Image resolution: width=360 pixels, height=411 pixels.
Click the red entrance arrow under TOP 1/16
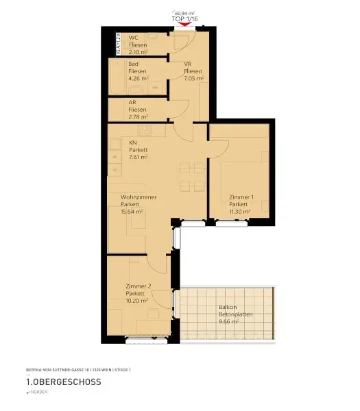pyautogui.click(x=181, y=25)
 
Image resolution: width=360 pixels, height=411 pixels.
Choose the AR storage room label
pyautogui.click(x=132, y=103)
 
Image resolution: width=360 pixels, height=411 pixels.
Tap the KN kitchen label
pyautogui.click(x=132, y=142)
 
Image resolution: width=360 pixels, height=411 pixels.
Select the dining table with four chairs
pyautogui.click(x=190, y=177)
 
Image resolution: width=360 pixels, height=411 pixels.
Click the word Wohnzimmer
pyautogui.click(x=138, y=197)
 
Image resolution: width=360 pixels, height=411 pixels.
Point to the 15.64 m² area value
pyautogui.click(x=131, y=212)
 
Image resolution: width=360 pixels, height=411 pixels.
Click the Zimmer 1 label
pyautogui.click(x=241, y=197)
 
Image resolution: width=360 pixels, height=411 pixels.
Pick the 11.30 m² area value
pyautogui.click(x=239, y=212)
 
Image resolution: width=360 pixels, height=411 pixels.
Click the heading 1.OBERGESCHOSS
pyautogui.click(x=63, y=382)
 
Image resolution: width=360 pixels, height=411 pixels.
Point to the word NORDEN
pyautogui.click(x=38, y=393)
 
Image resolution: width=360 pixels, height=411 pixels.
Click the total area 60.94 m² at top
pyautogui.click(x=185, y=13)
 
